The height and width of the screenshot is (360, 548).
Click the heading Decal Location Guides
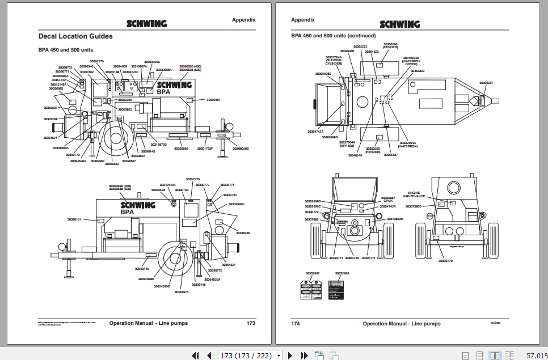tap(75, 36)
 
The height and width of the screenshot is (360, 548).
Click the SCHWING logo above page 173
tap(146, 24)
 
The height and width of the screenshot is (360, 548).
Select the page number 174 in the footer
tap(295, 324)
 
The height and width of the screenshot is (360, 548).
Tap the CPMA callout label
tap(388, 201)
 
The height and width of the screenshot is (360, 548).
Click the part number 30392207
tap(486, 83)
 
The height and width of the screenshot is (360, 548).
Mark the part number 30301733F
tap(205, 149)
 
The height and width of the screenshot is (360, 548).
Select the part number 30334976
tap(181, 292)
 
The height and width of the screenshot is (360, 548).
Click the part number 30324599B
tap(162, 286)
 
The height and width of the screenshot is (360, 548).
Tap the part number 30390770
tap(445, 261)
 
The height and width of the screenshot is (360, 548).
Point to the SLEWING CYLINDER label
tap(334, 62)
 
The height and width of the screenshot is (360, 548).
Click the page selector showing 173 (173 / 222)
tap(250, 355)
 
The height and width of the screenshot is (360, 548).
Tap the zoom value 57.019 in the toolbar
tap(536, 355)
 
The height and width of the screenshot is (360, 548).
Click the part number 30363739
tap(352, 258)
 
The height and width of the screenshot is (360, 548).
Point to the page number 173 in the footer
tap(251, 323)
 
